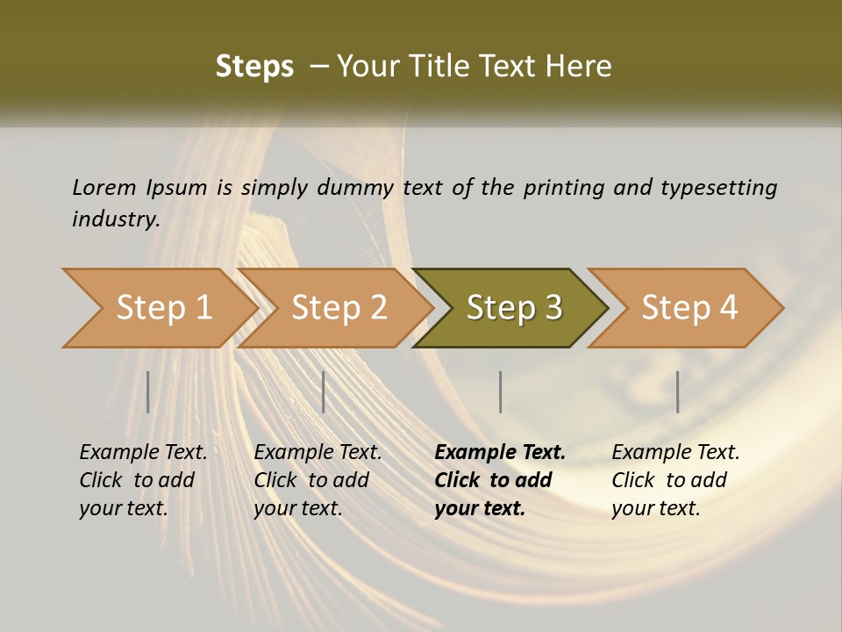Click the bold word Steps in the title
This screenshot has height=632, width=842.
(254, 67)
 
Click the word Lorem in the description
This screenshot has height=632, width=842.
(104, 188)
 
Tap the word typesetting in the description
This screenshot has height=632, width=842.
(718, 188)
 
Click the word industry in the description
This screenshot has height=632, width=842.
(116, 219)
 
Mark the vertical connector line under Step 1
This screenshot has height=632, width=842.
(148, 391)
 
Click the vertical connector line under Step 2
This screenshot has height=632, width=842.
(324, 391)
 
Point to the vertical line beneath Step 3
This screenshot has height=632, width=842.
(501, 391)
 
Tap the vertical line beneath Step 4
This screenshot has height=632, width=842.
(678, 391)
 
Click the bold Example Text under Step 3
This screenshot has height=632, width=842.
(500, 453)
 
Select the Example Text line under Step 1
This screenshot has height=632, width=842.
(143, 453)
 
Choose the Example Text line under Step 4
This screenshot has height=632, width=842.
(675, 453)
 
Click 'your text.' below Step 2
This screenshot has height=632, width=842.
(297, 508)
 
